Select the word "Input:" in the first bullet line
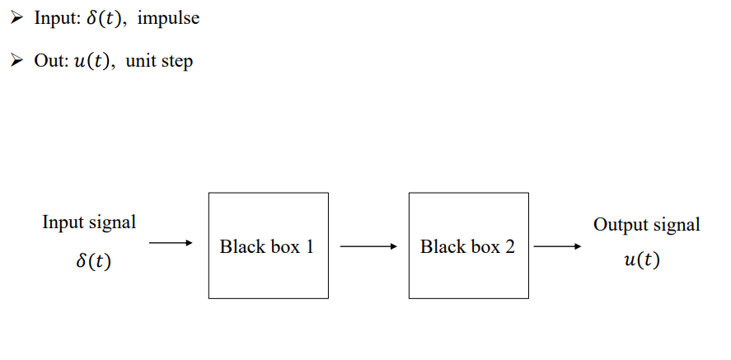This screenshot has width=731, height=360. coord(57,18)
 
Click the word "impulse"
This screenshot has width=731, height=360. coord(168,18)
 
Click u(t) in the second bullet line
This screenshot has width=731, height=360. coord(94,62)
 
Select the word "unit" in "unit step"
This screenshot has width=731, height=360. coord(140,62)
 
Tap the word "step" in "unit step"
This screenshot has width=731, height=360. coord(177,62)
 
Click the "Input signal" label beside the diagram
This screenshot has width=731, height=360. coord(89,222)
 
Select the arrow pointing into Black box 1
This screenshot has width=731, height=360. coord(171,243)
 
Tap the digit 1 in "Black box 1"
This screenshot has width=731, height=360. coord(309,246)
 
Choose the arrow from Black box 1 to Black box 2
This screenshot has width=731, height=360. coord(368,245)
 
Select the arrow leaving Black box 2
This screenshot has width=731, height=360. coord(556,245)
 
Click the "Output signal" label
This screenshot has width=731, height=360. coord(647,224)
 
